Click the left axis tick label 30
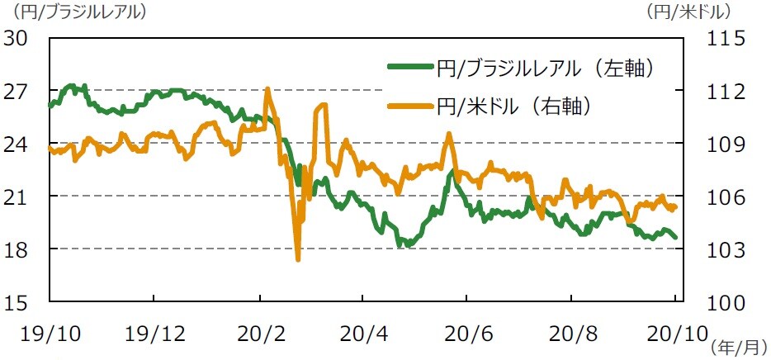click(x=18, y=39)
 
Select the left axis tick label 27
click(x=18, y=91)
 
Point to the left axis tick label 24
click(x=18, y=144)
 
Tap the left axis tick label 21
click(x=18, y=197)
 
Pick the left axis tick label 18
click(x=18, y=249)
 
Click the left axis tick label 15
click(x=18, y=302)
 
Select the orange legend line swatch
click(x=409, y=106)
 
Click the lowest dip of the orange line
click(x=298, y=259)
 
